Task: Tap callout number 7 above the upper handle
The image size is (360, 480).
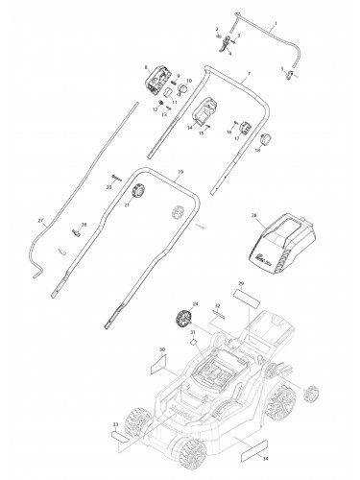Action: tap(248, 74)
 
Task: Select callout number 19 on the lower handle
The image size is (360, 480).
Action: tap(180, 172)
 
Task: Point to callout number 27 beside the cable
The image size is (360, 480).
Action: tap(40, 222)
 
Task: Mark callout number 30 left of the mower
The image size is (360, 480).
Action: tap(161, 349)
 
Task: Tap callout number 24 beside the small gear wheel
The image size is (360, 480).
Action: tap(196, 303)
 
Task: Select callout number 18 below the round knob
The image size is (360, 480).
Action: tap(258, 151)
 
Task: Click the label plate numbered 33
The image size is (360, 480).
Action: tap(119, 434)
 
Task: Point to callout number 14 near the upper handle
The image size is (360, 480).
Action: tap(190, 127)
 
